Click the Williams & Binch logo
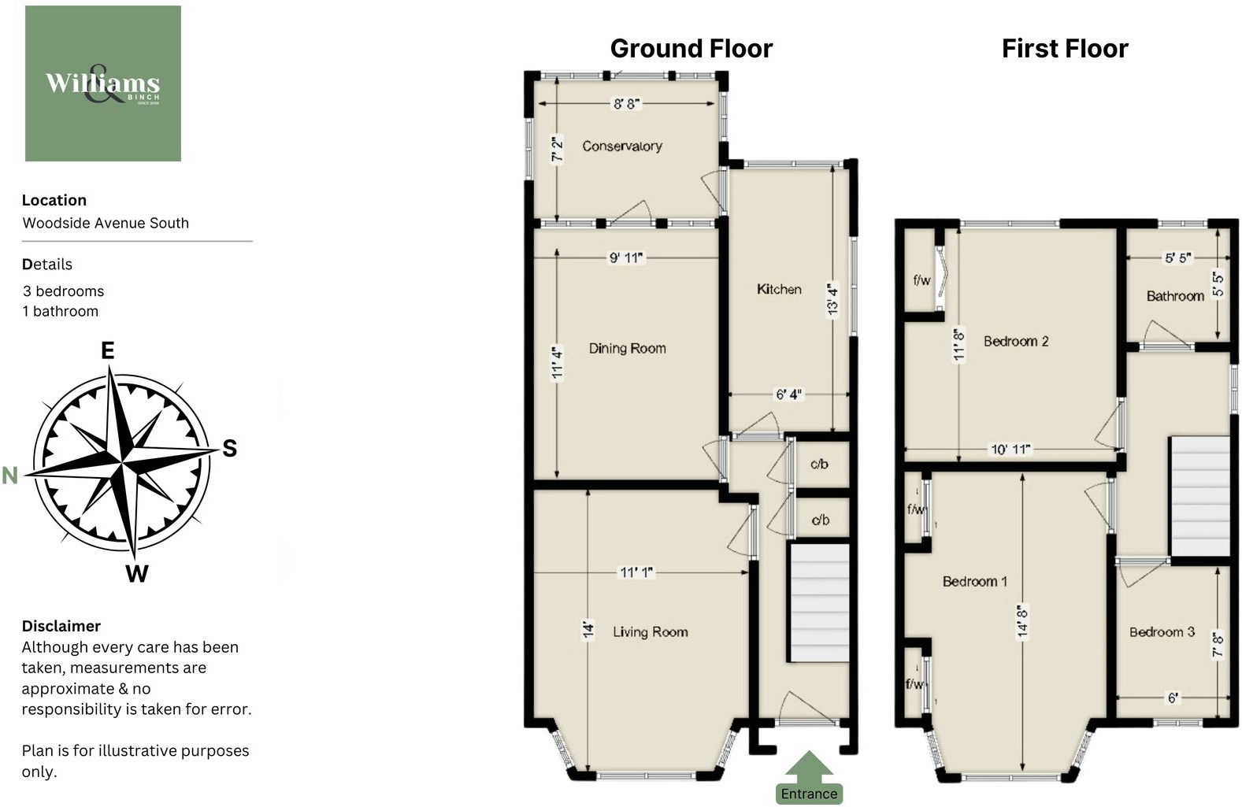click(x=103, y=83)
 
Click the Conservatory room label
click(x=621, y=146)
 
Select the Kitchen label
click(x=779, y=289)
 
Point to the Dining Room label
click(x=627, y=348)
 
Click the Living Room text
click(x=650, y=631)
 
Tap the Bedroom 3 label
click(x=1162, y=631)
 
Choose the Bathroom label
click(x=1174, y=296)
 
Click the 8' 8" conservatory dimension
click(x=627, y=103)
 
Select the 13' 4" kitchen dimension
click(x=832, y=299)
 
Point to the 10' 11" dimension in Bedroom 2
click(x=1010, y=450)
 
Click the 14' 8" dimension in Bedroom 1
click(x=1022, y=622)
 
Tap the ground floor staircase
click(x=819, y=602)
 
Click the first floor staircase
click(x=1199, y=496)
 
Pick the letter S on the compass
click(x=229, y=448)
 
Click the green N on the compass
click(x=9, y=476)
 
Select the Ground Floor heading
click(x=691, y=49)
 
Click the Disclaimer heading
click(x=61, y=626)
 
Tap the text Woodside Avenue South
click(x=106, y=223)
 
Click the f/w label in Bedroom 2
click(x=921, y=280)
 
